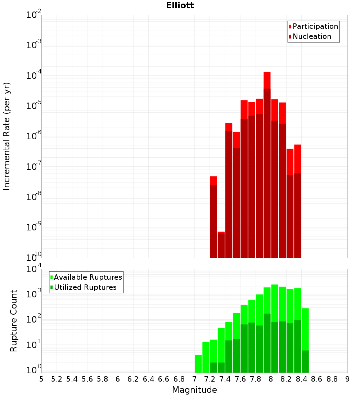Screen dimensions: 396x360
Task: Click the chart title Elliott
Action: coord(180,5)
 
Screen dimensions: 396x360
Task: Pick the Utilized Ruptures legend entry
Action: coord(85,287)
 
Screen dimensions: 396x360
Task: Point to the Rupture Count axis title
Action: coord(14,321)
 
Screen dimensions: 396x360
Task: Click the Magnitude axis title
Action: coord(194,390)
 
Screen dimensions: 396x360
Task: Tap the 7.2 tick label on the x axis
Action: coord(210,379)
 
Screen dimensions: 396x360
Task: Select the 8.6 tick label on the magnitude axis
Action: coord(317,379)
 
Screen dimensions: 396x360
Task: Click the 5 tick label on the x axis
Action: coord(41,379)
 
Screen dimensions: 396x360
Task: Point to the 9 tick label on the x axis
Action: coord(347,379)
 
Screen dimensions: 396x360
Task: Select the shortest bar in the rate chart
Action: coord(221,245)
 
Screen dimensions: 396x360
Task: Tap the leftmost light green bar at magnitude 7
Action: coord(198,364)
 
